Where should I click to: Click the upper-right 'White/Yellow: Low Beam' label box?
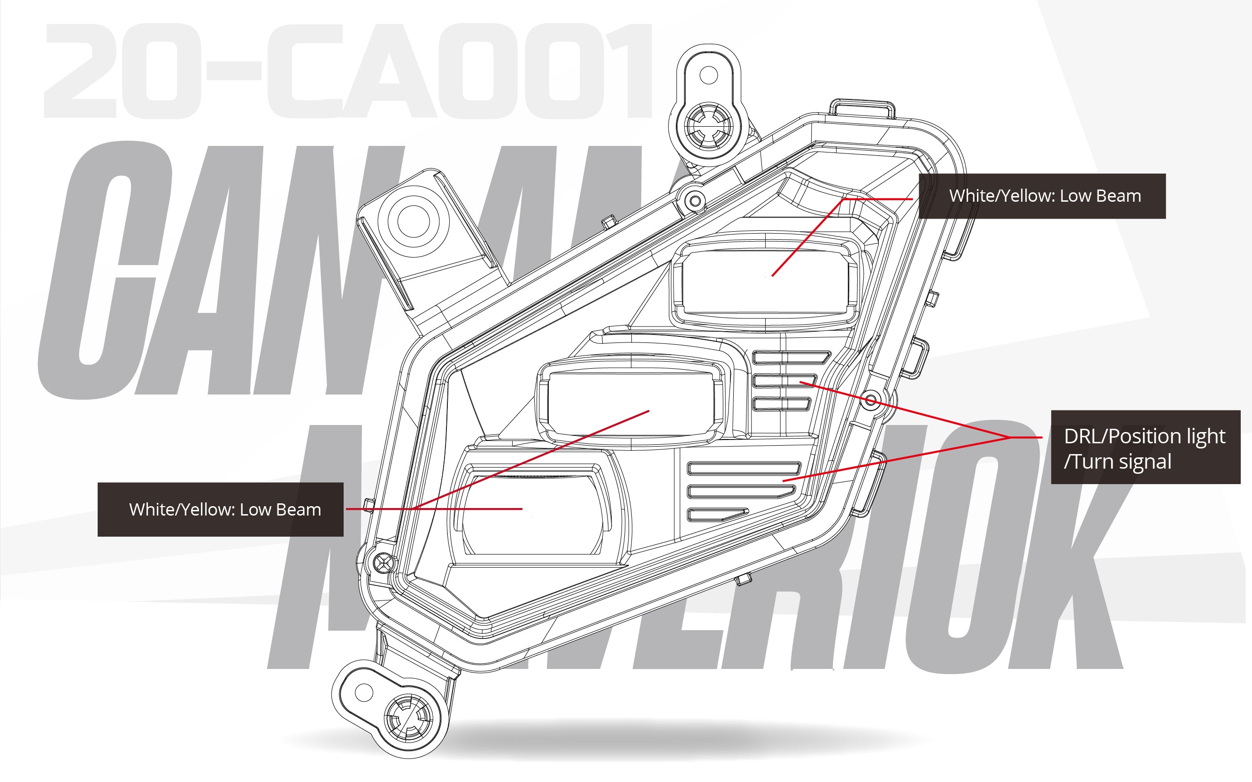tap(1041, 196)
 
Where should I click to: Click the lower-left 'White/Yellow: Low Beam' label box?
tap(221, 509)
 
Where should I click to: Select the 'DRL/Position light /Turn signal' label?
tap(1145, 448)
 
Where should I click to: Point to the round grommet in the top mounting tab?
tap(707, 126)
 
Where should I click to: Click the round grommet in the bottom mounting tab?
tap(408, 717)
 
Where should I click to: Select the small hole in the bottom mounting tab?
tap(363, 692)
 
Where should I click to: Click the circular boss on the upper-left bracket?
tap(413, 221)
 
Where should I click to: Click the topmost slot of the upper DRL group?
tap(791, 357)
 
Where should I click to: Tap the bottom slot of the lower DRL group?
tap(717, 514)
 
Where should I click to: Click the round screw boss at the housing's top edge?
tap(696, 200)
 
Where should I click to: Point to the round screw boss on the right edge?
tap(870, 400)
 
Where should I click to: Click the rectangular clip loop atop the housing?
tap(862, 109)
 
